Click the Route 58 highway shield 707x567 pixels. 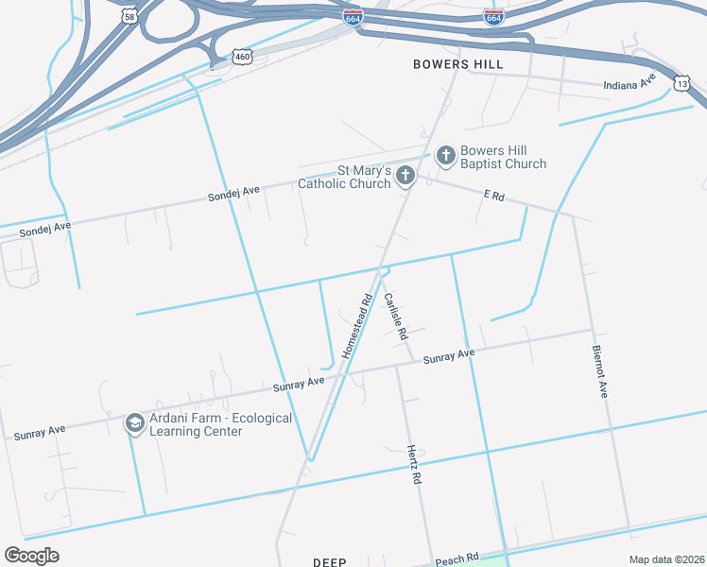tap(129, 16)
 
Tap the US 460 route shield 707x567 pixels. tap(243, 58)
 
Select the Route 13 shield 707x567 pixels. tap(681, 84)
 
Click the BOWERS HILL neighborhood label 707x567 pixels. tap(458, 64)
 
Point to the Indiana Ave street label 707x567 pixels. tap(629, 84)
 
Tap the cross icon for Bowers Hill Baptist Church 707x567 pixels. tap(445, 156)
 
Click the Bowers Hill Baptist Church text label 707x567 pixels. tap(503, 157)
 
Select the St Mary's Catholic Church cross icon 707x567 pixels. tap(405, 176)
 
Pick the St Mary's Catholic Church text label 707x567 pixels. tap(344, 177)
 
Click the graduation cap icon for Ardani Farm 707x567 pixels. tap(134, 423)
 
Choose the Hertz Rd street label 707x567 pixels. tap(413, 464)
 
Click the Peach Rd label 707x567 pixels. tap(457, 559)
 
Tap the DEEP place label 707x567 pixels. tap(330, 561)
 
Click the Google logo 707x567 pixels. tap(32, 556)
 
